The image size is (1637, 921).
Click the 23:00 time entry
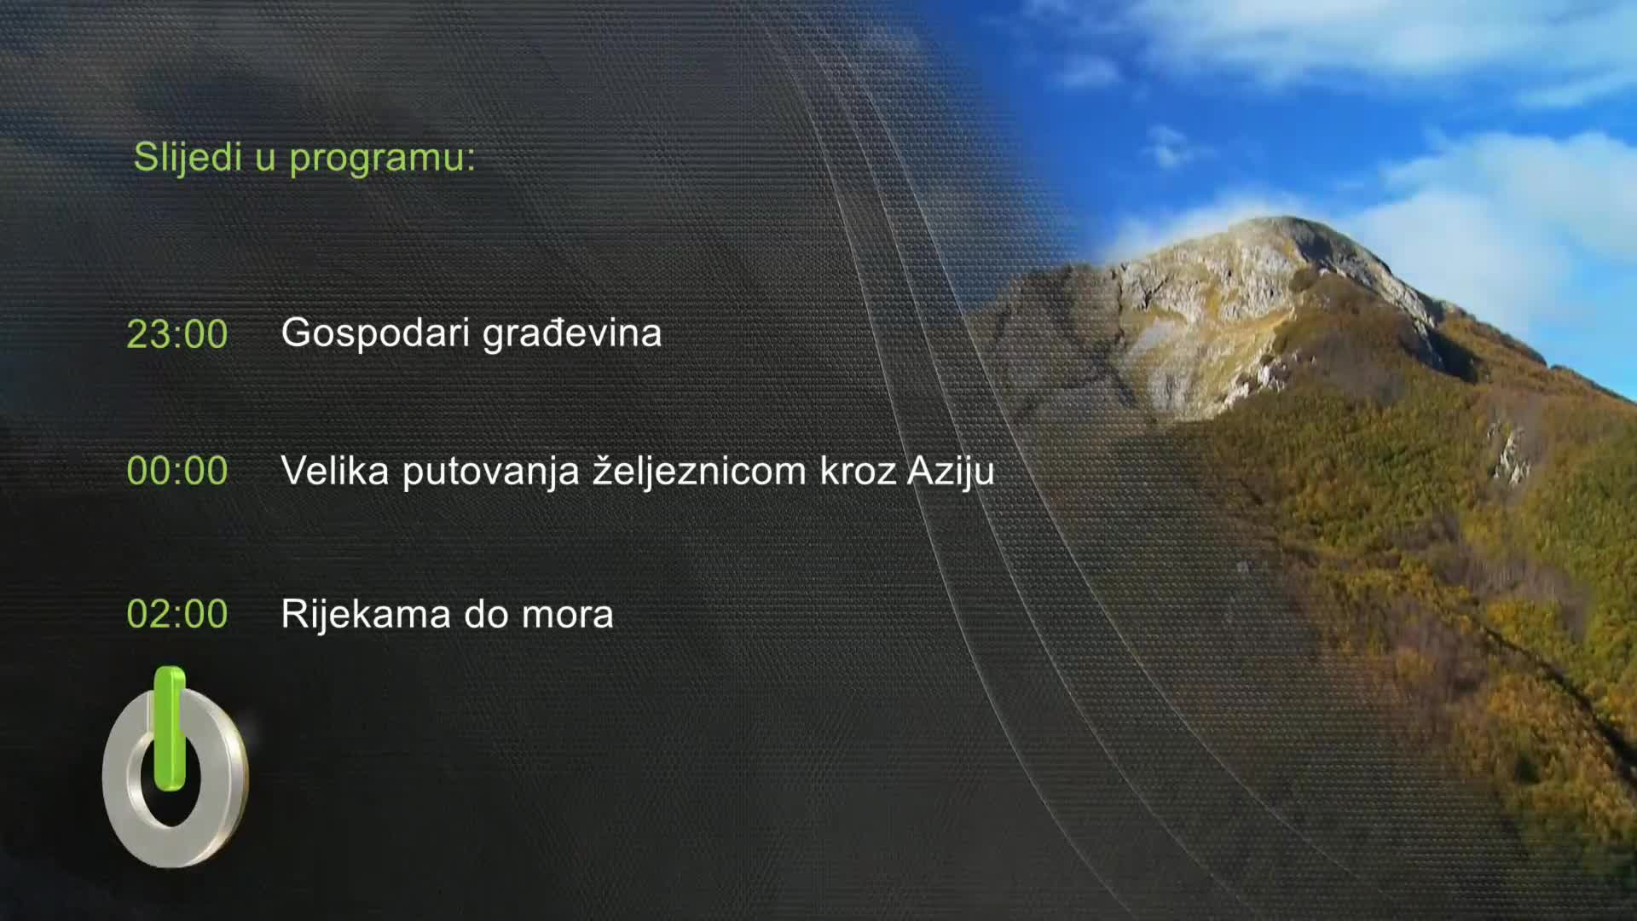point(176,334)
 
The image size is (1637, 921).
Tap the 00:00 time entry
point(176,471)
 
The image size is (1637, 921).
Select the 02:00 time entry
point(176,614)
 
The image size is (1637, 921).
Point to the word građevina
point(572,333)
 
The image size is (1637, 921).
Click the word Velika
point(335,471)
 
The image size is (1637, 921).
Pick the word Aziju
point(951,471)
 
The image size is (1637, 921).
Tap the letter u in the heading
point(265,159)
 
